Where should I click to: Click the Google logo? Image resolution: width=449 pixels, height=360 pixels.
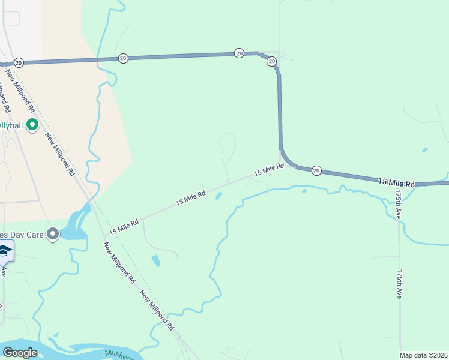[x=20, y=353]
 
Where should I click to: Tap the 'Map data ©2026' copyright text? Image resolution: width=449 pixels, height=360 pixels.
[x=424, y=355]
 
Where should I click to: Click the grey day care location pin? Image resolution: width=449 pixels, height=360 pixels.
[x=53, y=234]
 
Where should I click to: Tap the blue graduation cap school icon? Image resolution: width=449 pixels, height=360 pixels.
[x=5, y=251]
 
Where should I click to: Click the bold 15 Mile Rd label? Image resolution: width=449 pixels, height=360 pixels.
[x=397, y=182]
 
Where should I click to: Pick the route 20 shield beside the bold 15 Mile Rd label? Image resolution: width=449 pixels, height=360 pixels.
[x=316, y=171]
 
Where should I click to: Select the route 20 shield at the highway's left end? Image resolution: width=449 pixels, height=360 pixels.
[x=19, y=62]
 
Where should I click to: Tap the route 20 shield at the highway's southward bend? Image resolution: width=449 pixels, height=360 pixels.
[x=271, y=61]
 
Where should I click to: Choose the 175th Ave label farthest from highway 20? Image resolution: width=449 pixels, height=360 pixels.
[x=400, y=283]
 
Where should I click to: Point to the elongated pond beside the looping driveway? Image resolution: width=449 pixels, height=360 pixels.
[x=156, y=260]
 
